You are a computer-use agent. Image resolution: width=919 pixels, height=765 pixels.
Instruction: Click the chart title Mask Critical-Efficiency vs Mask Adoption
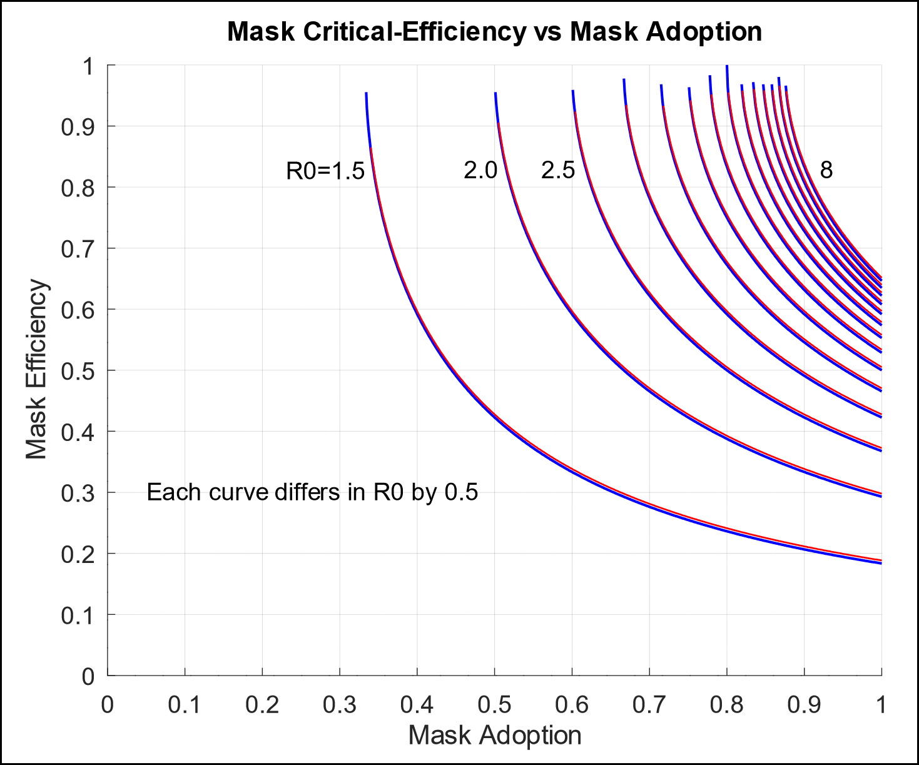494,31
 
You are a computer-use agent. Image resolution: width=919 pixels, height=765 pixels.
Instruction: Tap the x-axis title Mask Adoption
494,735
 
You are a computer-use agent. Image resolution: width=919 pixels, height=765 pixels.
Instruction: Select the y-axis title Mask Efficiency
37,370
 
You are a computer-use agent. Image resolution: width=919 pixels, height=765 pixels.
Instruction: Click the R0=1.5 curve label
325,170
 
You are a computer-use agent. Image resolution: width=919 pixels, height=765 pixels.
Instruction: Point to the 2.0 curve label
480,170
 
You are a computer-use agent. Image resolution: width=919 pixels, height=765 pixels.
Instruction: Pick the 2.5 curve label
557,170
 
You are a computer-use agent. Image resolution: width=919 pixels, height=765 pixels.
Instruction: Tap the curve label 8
826,170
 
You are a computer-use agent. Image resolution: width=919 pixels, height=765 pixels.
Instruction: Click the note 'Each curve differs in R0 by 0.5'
312,492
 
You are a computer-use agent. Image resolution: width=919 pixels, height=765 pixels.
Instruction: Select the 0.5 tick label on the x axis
494,705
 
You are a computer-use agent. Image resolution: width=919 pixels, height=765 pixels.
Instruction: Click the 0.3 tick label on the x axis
340,705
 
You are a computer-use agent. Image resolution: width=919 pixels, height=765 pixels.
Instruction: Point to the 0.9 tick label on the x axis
804,705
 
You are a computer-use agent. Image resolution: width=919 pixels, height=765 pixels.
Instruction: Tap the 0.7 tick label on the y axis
78,249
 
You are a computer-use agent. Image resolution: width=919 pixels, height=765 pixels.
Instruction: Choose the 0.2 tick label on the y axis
78,554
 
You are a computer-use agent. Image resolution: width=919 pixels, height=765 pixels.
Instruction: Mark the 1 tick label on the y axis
88,66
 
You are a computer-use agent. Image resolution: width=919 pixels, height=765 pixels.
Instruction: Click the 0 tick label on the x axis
108,705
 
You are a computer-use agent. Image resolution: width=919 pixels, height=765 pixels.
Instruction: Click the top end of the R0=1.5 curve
366,94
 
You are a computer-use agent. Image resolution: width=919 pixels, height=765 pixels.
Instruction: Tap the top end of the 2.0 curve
495,94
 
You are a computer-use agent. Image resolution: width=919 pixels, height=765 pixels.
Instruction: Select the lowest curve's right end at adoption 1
881,562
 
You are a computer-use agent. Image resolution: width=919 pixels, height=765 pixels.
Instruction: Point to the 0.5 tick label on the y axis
78,371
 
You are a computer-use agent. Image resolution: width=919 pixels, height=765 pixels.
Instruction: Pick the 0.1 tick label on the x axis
185,705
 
